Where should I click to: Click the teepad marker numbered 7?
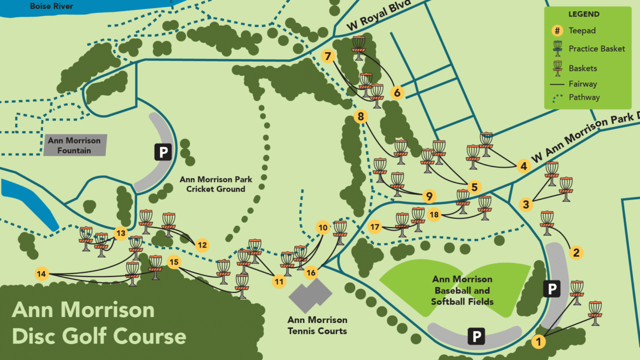coord(328,56)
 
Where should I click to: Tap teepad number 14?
coord(41,273)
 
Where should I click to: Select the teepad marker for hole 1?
coord(538,342)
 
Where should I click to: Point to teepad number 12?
coord(202,245)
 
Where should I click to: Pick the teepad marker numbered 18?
coord(434,215)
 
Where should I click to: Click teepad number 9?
coord(429,196)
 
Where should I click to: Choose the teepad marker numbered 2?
coord(576,253)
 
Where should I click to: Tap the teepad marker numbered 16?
coord(311,272)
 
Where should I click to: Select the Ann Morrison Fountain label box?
coord(74,145)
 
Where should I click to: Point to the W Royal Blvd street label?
coord(379,14)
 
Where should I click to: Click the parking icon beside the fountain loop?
coord(163,151)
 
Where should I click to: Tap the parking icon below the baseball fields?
coord(476,337)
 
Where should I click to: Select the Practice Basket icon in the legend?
coord(557,49)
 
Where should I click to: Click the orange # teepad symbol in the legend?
coord(557,30)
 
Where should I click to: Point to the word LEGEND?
coord(583,14)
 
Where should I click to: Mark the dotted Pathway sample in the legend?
coord(557,97)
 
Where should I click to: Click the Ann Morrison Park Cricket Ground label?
coord(216,184)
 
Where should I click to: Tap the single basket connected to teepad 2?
coord(547,222)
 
